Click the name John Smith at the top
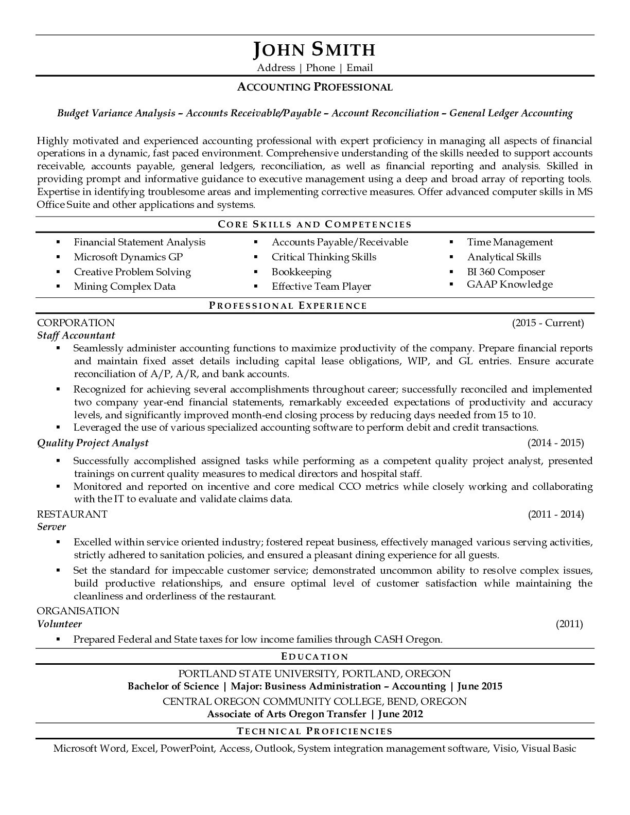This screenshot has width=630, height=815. [314, 49]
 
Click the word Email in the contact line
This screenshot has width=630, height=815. [359, 68]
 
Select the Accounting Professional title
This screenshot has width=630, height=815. [314, 87]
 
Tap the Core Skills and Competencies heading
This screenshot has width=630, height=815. [314, 224]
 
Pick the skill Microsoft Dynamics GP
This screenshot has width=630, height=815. [128, 257]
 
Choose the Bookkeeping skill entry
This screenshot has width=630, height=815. [301, 272]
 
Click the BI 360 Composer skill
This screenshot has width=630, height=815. [505, 272]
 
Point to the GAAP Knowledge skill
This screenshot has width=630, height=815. [510, 285]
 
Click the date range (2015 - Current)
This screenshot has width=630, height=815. [548, 323]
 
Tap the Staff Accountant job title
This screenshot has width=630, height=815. [76, 335]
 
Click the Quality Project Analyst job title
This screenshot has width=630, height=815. [93, 443]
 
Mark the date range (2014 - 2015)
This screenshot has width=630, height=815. [555, 443]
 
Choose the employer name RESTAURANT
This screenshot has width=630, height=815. [72, 514]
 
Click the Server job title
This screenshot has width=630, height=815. [51, 527]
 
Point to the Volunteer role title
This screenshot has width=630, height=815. [59, 624]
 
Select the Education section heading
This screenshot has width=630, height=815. [314, 657]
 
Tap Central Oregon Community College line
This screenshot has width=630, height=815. [314, 702]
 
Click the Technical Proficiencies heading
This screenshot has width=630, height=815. [314, 731]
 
